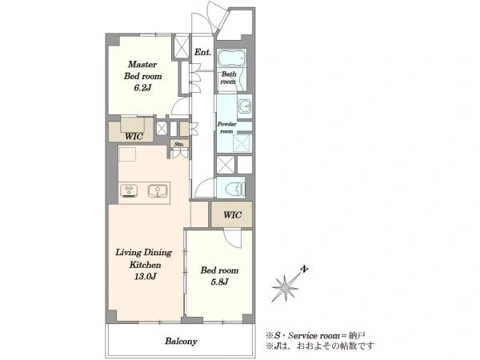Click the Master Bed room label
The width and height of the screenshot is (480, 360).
coord(142,70)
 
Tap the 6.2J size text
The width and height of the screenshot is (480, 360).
coord(142,88)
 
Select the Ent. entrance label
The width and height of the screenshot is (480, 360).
coord(202,52)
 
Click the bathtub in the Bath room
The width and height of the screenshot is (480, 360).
coord(232,58)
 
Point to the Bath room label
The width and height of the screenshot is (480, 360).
coord(228,78)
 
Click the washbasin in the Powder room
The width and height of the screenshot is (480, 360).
coord(245,106)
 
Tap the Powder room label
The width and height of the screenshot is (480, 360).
coord(227,128)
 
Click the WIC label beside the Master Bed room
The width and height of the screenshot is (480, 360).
coord(134,136)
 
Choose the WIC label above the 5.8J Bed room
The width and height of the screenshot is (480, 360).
coord(232,214)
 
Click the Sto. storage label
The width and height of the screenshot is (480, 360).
coord(179,144)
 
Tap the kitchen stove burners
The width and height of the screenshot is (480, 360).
coord(129,190)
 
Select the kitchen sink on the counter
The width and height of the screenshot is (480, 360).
coord(158,190)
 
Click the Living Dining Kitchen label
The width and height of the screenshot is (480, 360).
coord(143,258)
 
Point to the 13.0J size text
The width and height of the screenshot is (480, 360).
coord(146,277)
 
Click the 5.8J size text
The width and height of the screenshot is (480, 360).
coord(219,282)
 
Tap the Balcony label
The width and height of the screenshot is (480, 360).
coord(181,341)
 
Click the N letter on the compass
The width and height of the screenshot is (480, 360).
coord(304,269)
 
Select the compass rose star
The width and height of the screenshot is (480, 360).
coord(285,288)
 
